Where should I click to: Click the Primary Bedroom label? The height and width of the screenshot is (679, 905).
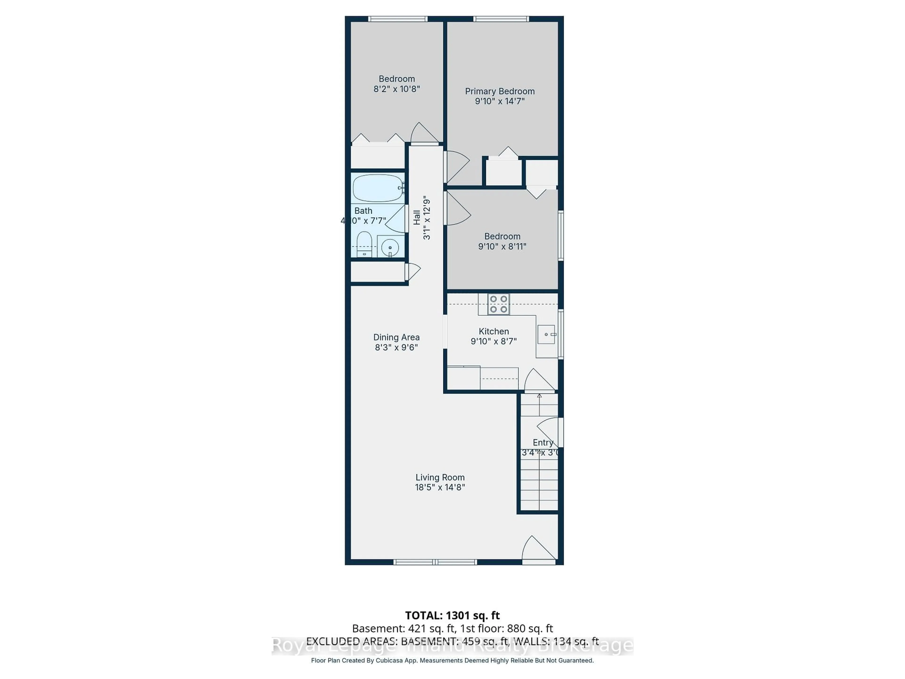click(x=500, y=91)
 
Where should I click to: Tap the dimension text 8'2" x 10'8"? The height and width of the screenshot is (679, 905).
click(x=396, y=89)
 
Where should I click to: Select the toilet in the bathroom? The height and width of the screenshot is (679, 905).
click(x=364, y=244)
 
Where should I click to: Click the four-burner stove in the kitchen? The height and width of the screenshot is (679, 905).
click(x=498, y=304)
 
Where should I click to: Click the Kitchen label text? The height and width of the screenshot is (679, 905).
click(x=494, y=331)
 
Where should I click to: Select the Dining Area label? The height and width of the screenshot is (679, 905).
click(x=396, y=337)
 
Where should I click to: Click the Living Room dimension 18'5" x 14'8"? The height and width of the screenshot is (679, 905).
click(x=440, y=487)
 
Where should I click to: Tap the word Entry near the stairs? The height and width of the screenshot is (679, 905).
click(x=543, y=443)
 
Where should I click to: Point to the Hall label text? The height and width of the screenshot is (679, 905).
click(x=416, y=217)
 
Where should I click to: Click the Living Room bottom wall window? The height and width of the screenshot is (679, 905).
click(x=435, y=562)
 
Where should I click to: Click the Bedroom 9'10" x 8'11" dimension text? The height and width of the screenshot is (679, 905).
click(x=502, y=246)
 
